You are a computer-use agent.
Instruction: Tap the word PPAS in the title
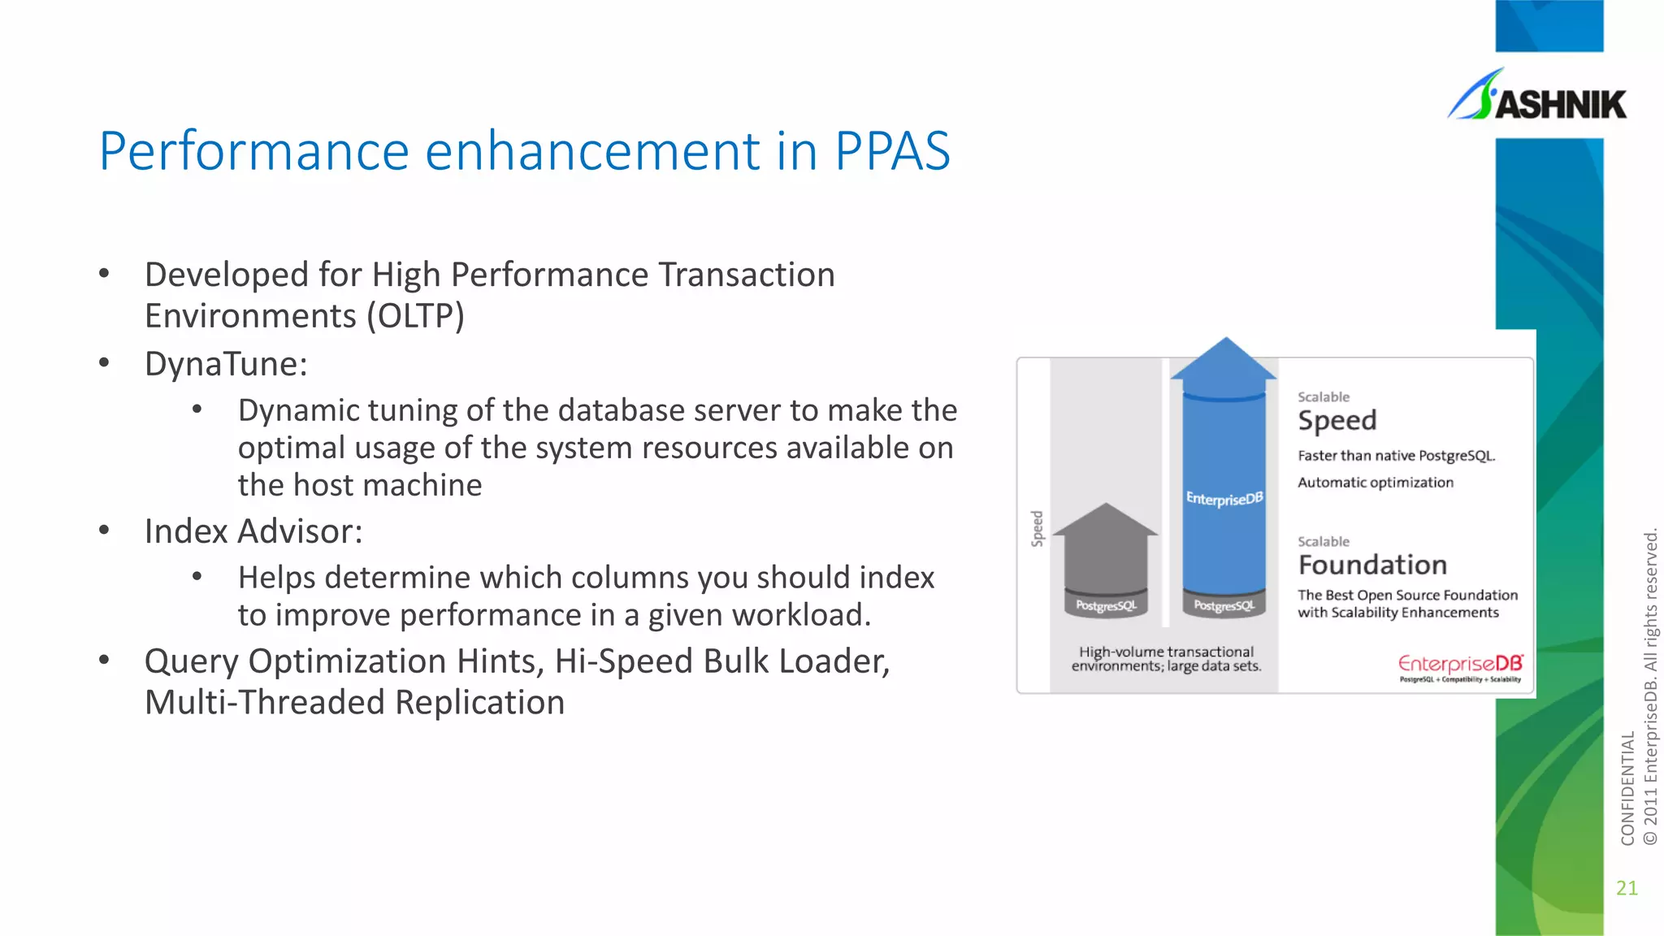click(x=892, y=151)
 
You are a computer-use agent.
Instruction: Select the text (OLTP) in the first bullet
click(x=415, y=316)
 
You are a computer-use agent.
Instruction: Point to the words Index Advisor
click(x=253, y=531)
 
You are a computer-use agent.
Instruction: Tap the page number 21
click(x=1627, y=887)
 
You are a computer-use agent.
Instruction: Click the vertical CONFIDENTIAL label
click(x=1627, y=788)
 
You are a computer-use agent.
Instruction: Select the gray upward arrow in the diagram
click(x=1105, y=552)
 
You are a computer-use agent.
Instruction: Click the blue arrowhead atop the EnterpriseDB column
click(x=1224, y=362)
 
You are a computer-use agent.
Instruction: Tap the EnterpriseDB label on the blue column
click(x=1224, y=498)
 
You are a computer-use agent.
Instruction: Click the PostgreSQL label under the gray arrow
click(x=1106, y=605)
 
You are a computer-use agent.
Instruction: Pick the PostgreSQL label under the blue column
click(x=1224, y=605)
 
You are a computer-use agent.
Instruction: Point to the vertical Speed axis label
click(x=1038, y=528)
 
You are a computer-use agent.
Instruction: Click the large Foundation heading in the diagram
click(x=1372, y=565)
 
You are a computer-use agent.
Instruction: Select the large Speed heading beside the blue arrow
click(x=1337, y=421)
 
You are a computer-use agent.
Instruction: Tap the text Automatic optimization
click(x=1376, y=483)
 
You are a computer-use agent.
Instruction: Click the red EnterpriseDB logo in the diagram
click(x=1460, y=665)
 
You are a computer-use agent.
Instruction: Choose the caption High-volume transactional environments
click(x=1166, y=659)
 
